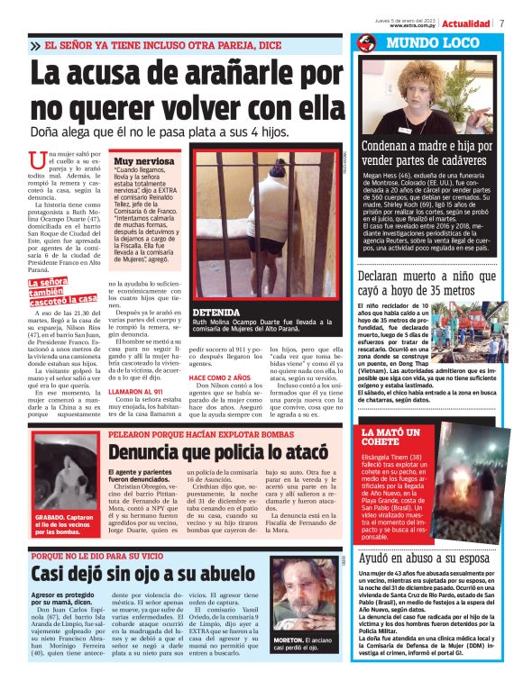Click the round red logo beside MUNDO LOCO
coord(366,42)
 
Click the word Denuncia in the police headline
coord(151,447)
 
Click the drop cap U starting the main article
coord(56,163)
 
